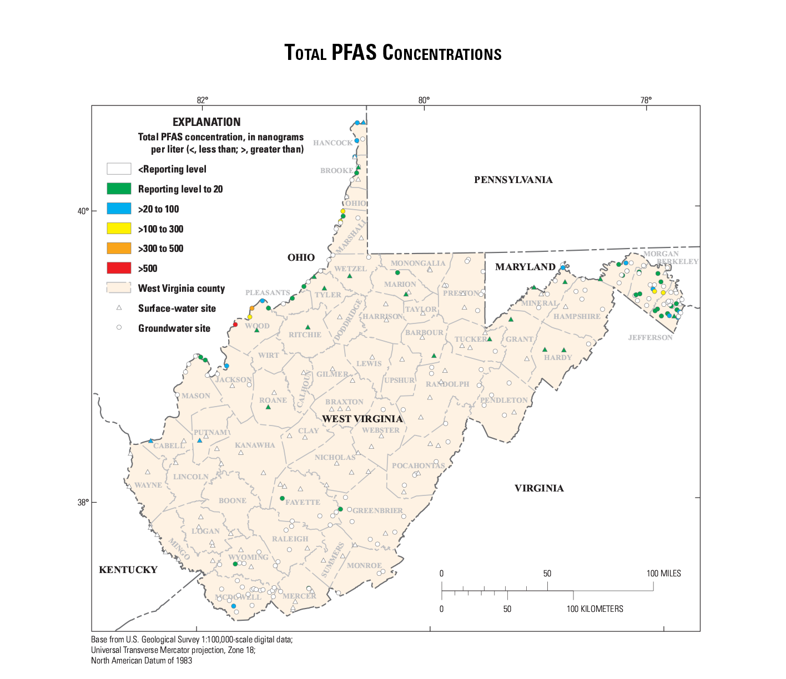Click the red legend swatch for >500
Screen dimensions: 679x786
pyautogui.click(x=119, y=268)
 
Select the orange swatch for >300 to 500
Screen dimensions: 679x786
pyautogui.click(x=119, y=249)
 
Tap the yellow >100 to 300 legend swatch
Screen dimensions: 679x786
pyautogui.click(x=119, y=229)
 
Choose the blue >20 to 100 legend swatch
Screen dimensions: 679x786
pyautogui.click(x=119, y=209)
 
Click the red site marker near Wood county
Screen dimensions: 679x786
pyautogui.click(x=235, y=325)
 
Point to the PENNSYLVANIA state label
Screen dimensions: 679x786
pyautogui.click(x=513, y=180)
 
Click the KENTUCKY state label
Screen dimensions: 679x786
pyautogui.click(x=128, y=570)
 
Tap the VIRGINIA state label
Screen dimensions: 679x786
pyautogui.click(x=539, y=488)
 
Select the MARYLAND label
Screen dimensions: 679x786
pyautogui.click(x=525, y=267)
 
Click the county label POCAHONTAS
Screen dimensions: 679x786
pyautogui.click(x=419, y=465)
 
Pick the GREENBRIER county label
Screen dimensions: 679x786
pyautogui.click(x=378, y=510)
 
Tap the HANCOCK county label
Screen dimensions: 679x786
pyautogui.click(x=332, y=143)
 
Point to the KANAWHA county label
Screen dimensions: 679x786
pyautogui.click(x=255, y=445)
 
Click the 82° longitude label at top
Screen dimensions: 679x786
pyautogui.click(x=203, y=100)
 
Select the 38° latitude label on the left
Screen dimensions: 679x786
pyautogui.click(x=82, y=503)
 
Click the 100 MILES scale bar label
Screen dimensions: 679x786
pyautogui.click(x=663, y=574)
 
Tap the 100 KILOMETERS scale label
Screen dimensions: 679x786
pyautogui.click(x=594, y=609)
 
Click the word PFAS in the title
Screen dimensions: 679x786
pyautogui.click(x=355, y=53)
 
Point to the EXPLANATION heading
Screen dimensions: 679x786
pyautogui.click(x=206, y=122)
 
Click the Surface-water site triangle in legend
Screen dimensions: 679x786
pyautogui.click(x=119, y=308)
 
